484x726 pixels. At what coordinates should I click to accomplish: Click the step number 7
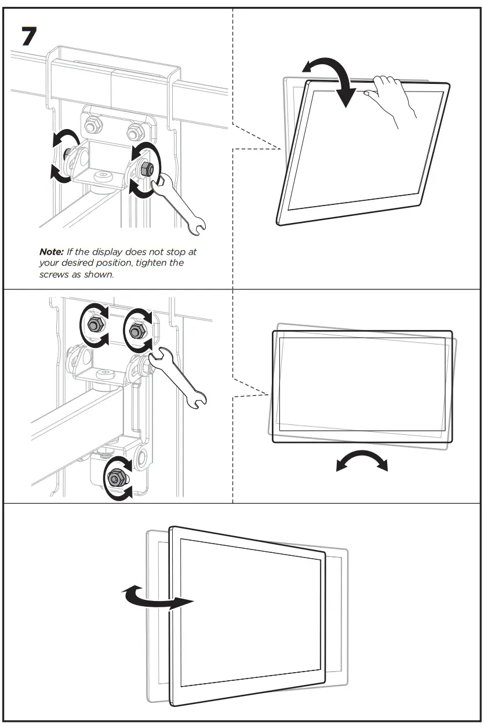(29, 36)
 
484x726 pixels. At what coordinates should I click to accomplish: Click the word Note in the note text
(50, 252)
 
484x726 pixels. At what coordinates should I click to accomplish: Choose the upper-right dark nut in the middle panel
(137, 331)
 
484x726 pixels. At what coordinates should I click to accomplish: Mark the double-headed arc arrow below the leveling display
(362, 460)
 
